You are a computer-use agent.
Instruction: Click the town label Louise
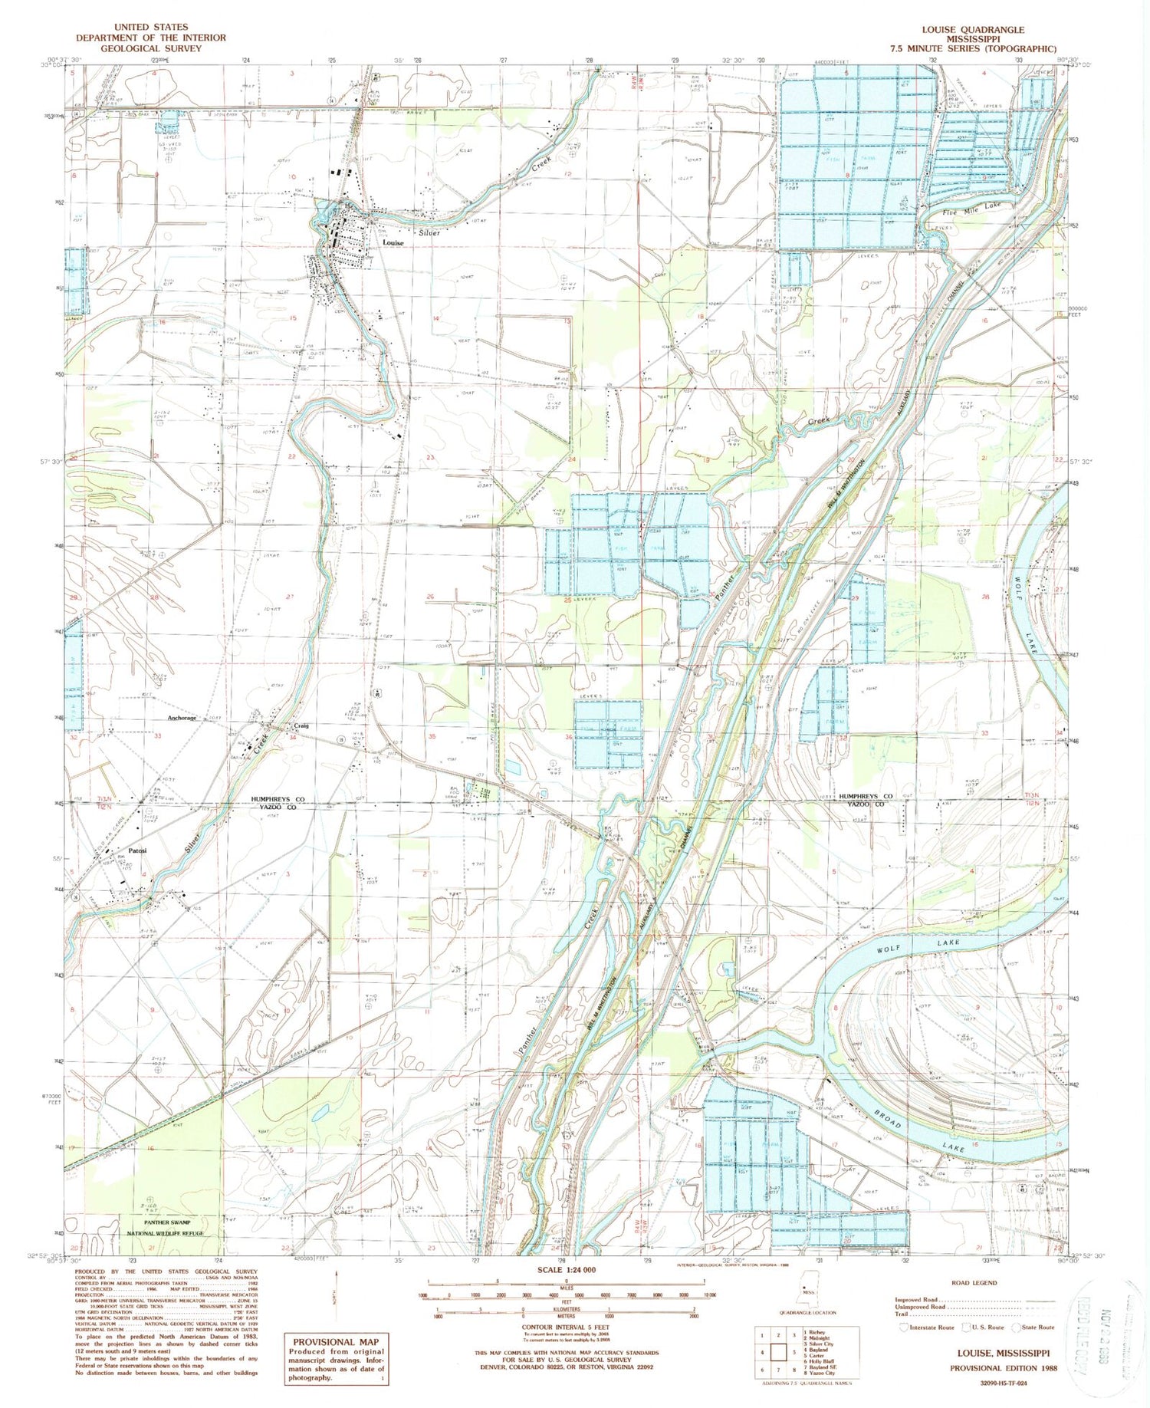[393, 243]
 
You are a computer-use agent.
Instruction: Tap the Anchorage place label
[182, 719]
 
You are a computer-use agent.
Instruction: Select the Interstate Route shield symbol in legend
[905, 1327]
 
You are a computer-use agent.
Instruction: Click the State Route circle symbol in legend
[1019, 1327]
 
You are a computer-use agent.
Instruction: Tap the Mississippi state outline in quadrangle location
[806, 1296]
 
